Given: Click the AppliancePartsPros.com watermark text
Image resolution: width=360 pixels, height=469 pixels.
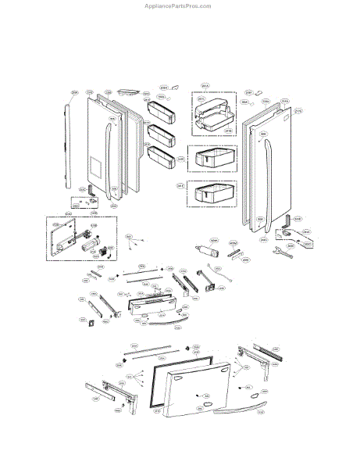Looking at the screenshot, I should coord(179,5).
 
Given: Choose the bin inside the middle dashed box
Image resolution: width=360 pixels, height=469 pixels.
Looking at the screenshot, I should coord(213,158).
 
